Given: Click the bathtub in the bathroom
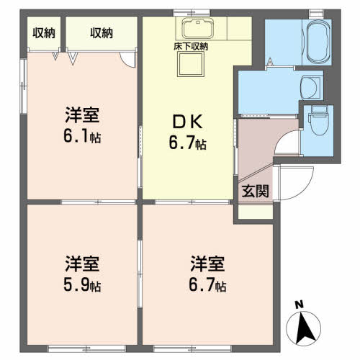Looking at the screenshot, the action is [316, 42].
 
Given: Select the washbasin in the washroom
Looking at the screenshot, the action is [310, 87].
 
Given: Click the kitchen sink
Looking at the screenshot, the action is [197, 29].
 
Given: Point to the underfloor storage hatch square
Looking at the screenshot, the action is [191, 64].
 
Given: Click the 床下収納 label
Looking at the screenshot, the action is [191, 46].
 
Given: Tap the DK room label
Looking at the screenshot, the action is [188, 122].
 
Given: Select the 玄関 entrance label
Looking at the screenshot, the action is [255, 191].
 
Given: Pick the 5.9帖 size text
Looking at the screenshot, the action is [82, 285].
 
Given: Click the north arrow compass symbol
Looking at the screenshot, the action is [304, 328].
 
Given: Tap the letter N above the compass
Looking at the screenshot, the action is [299, 305].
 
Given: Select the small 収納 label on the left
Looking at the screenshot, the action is [44, 33].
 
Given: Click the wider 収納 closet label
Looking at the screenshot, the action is [102, 33].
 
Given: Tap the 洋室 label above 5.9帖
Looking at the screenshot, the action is [82, 264].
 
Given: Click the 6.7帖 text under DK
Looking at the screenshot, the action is [188, 143].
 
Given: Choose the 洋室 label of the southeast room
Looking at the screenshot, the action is [207, 264].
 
